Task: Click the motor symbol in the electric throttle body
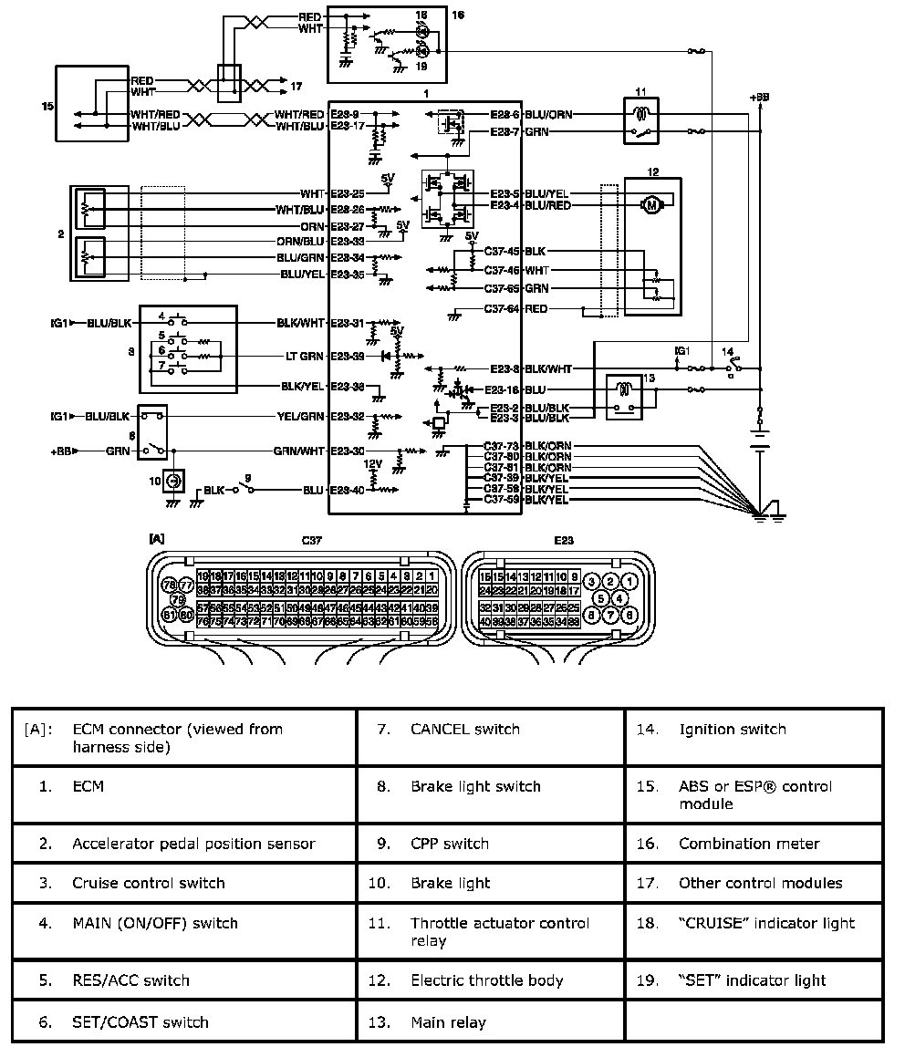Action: pos(651,205)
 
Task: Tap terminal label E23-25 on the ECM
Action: pos(347,193)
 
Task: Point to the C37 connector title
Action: pos(313,540)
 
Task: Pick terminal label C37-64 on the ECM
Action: pos(502,309)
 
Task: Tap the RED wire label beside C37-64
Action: pos(536,309)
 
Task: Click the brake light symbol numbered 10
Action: pos(173,479)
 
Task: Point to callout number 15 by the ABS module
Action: pos(48,106)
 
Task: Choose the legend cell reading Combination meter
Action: pos(754,844)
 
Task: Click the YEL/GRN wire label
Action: pos(300,416)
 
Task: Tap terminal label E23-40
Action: pos(347,490)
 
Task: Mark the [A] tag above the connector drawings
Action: pos(157,539)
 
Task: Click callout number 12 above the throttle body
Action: pos(651,171)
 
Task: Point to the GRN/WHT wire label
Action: pos(298,451)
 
